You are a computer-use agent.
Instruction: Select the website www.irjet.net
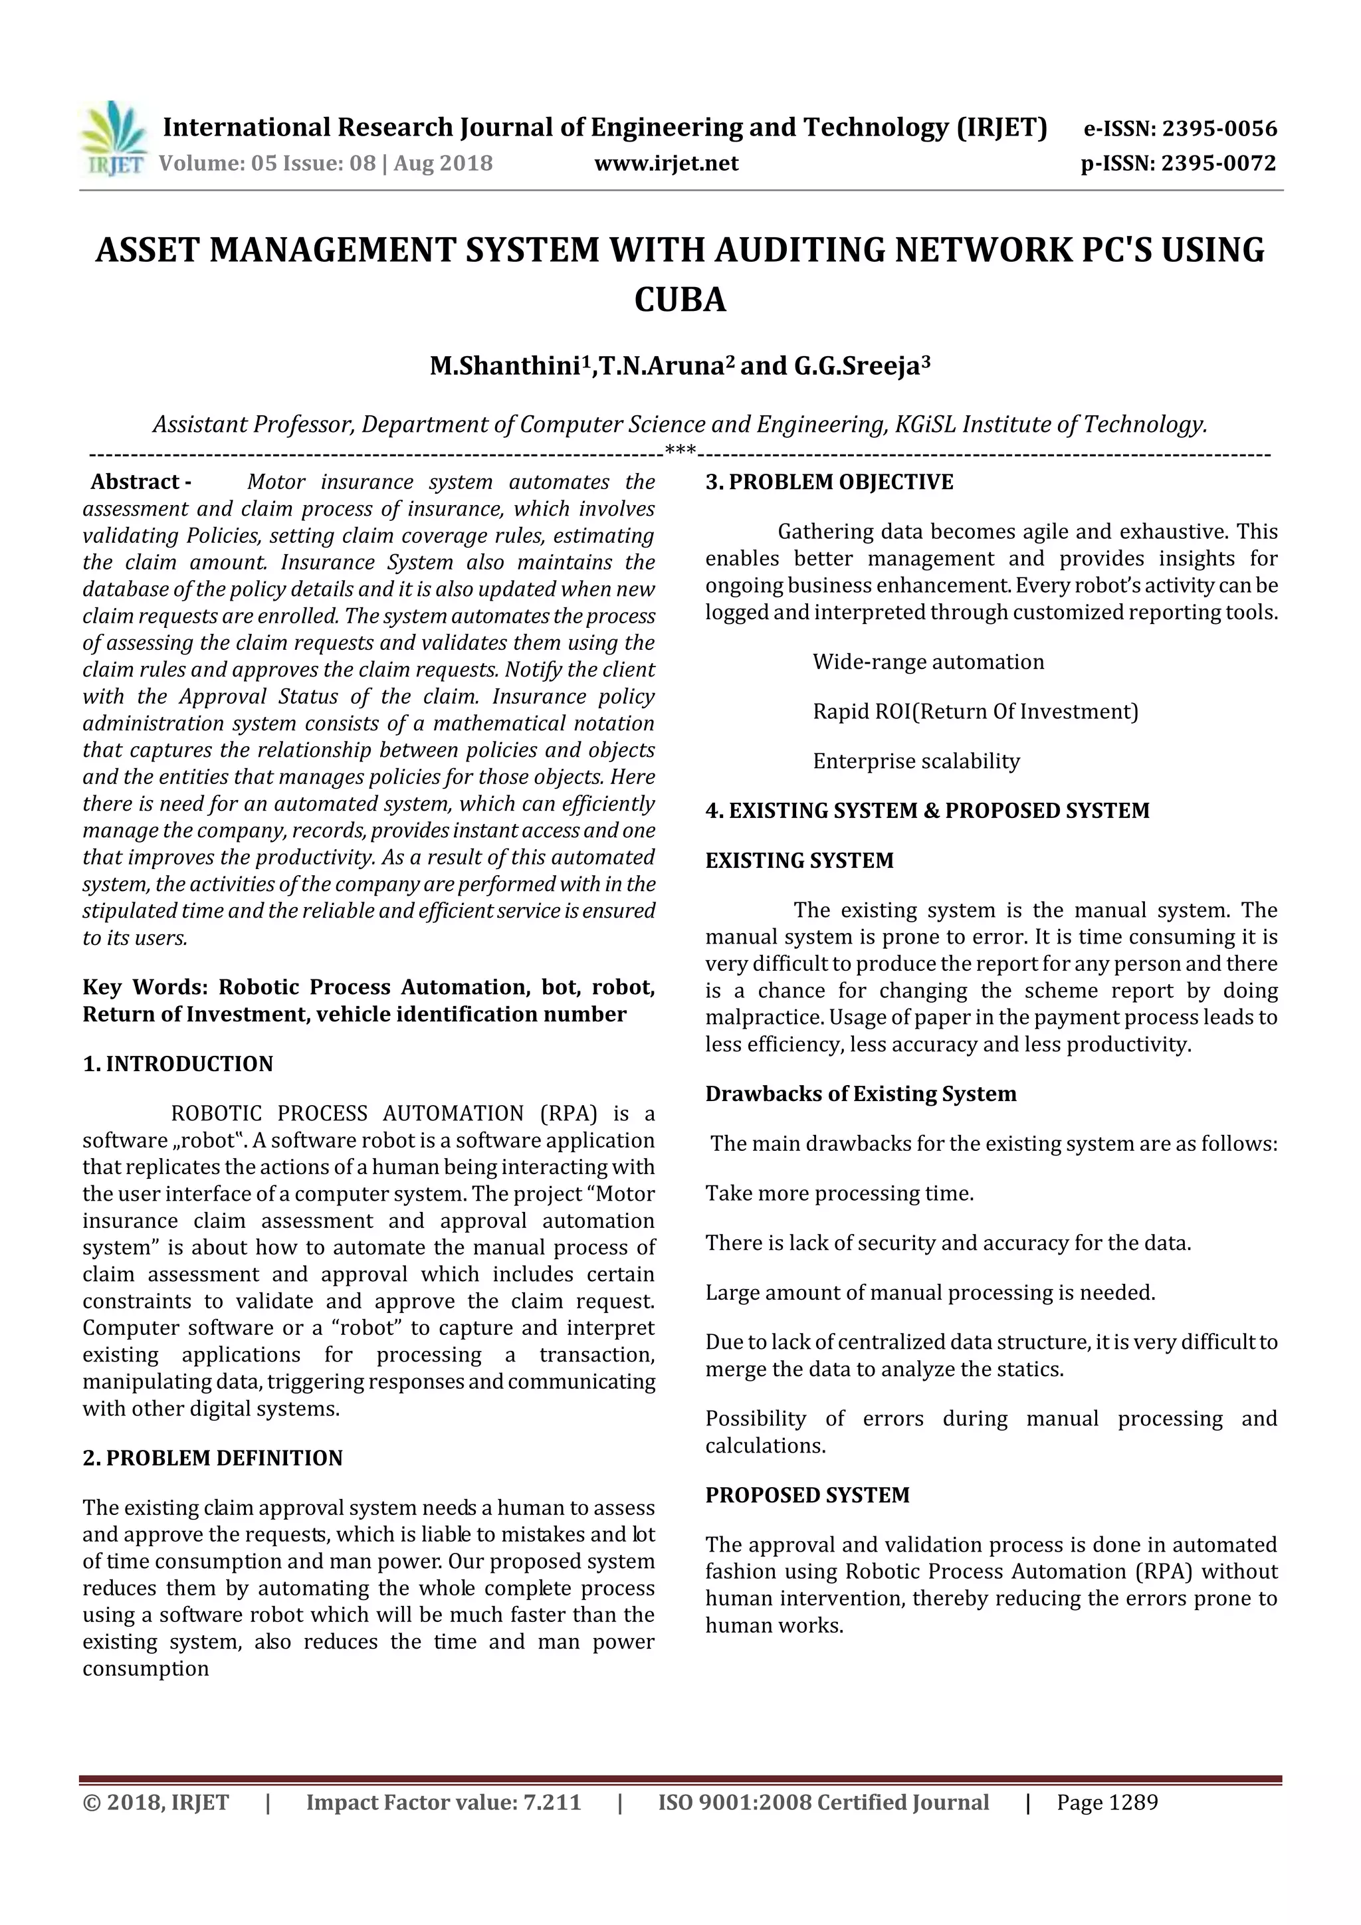(x=666, y=163)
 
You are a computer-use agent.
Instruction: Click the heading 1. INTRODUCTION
(x=178, y=1064)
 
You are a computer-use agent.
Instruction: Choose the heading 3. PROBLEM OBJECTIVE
(x=829, y=482)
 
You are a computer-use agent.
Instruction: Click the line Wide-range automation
(x=928, y=662)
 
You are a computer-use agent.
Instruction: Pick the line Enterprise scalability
(x=916, y=761)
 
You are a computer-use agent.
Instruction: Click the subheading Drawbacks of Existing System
(x=861, y=1094)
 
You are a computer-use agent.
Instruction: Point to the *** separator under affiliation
(x=679, y=451)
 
